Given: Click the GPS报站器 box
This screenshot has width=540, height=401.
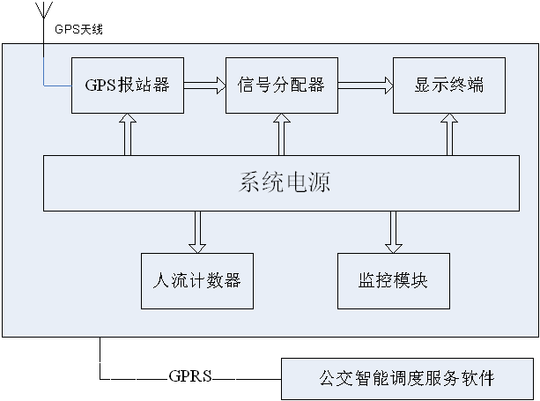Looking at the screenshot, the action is (128, 85).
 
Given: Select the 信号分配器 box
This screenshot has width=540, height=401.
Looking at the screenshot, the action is (282, 85).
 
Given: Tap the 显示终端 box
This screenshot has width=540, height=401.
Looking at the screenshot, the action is (449, 85).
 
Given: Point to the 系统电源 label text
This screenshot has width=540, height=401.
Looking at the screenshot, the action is (285, 182).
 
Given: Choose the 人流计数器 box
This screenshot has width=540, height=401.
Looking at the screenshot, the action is (197, 281).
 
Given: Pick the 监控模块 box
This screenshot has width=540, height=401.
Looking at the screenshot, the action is (394, 281).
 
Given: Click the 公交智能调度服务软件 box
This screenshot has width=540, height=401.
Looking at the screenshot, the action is (407, 379).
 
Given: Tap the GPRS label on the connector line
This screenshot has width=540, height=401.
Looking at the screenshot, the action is (190, 375).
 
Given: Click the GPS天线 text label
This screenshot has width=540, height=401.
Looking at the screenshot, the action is (79, 29).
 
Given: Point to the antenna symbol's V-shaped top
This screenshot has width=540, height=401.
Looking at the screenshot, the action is (44, 10).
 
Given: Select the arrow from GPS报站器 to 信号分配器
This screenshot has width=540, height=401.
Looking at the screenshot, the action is (204, 85).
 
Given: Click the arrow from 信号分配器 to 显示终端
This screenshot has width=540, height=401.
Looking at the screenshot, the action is (366, 85).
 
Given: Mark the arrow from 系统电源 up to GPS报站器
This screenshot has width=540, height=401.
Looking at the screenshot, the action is (128, 134).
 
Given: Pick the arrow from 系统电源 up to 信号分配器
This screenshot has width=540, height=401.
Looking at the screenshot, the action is (282, 134).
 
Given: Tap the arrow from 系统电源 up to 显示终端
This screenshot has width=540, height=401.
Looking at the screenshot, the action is (449, 134).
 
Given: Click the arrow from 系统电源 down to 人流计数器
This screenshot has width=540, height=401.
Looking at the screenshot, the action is (197, 232).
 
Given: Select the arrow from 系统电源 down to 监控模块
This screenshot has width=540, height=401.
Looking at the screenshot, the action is (394, 232).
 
